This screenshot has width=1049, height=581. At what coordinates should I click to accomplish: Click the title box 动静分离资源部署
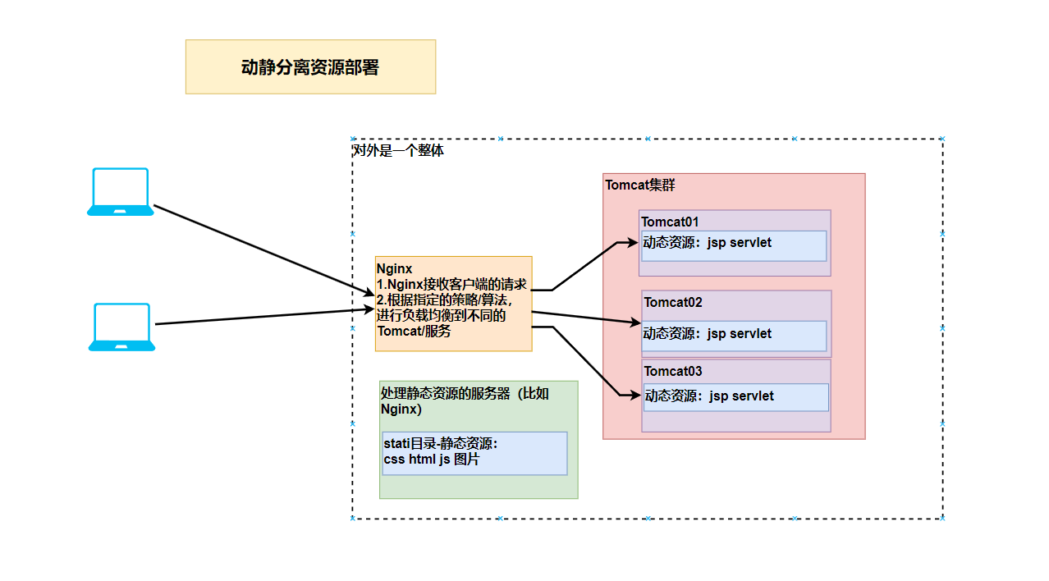coord(310,67)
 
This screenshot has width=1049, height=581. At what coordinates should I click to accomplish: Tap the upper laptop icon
coord(121,192)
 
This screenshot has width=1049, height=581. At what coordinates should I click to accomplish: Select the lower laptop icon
coord(121,327)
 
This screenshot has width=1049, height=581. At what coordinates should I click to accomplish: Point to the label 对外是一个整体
coord(398,151)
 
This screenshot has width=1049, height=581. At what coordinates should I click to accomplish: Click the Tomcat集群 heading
coord(640,185)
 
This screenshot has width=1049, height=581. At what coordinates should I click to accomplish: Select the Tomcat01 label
coord(670,222)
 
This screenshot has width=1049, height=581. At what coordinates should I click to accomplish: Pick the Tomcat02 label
coord(673,302)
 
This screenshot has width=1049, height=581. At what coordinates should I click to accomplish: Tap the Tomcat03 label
coord(673,371)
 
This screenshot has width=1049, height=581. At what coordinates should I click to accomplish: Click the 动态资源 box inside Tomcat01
coord(734,245)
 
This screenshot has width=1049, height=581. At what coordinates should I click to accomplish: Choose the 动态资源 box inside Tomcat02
coord(734,335)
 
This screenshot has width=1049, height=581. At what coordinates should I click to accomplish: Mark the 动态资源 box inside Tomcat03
coord(735,397)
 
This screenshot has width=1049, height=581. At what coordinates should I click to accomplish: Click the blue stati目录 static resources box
coord(474,453)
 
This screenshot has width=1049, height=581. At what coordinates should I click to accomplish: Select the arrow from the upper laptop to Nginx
coord(263,249)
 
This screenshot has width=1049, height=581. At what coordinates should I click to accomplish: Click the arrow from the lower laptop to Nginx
coord(263,317)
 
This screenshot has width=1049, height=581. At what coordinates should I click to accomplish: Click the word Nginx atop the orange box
coord(394,268)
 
